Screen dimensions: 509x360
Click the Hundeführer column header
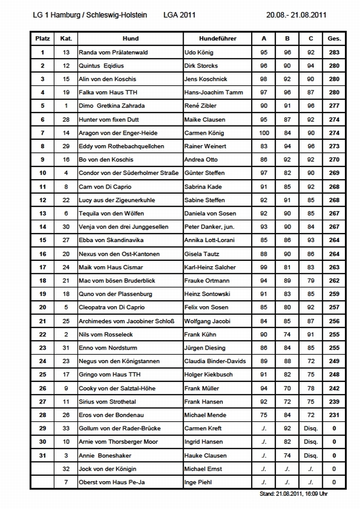pyautogui.click(x=217, y=38)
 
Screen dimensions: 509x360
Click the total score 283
pyautogui.click(x=334, y=52)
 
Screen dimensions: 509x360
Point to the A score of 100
pyautogui.click(x=264, y=133)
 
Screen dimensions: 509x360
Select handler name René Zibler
pyautogui.click(x=200, y=106)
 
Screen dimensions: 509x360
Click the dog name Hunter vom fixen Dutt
pyautogui.click(x=109, y=120)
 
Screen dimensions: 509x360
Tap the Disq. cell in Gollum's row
pyautogui.click(x=311, y=428)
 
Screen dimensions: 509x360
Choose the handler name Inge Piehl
pyautogui.click(x=198, y=482)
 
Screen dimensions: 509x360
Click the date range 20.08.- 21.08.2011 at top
pyautogui.click(x=296, y=15)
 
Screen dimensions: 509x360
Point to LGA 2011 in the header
pyautogui.click(x=179, y=15)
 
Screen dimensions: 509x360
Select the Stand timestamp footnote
pyautogui.click(x=293, y=494)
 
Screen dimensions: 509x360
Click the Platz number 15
pyautogui.click(x=42, y=240)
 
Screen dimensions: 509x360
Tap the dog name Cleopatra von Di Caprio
pyautogui.click(x=110, y=307)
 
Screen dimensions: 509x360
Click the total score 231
pyautogui.click(x=334, y=415)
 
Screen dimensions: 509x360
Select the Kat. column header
pyautogui.click(x=66, y=38)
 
